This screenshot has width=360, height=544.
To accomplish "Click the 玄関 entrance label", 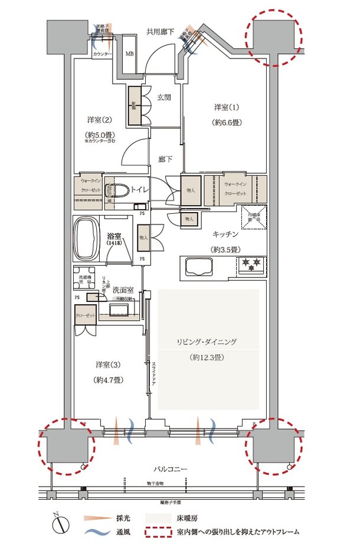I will click(164, 97).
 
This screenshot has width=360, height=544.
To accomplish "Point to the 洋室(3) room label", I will click(107, 365).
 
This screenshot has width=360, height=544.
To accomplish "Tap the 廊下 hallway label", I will click(165, 159).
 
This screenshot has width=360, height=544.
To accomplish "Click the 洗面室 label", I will click(128, 291).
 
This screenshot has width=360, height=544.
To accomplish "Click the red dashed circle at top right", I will click(273, 37).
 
